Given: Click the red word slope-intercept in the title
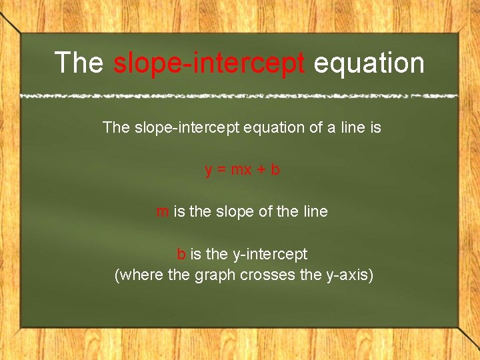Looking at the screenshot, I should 209,63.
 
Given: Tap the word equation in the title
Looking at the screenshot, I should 369,63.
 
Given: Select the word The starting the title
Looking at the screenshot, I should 79,63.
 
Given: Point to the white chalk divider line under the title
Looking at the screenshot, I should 239,96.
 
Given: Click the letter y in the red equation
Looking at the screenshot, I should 209,171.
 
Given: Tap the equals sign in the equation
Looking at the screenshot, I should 221,170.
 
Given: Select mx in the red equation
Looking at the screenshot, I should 241,170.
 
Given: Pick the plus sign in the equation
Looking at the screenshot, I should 261,170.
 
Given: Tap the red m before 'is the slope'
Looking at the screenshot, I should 162,212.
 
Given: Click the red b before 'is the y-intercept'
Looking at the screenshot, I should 181,254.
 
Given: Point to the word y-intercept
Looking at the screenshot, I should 270,255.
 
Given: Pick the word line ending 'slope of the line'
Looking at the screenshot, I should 315,212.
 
